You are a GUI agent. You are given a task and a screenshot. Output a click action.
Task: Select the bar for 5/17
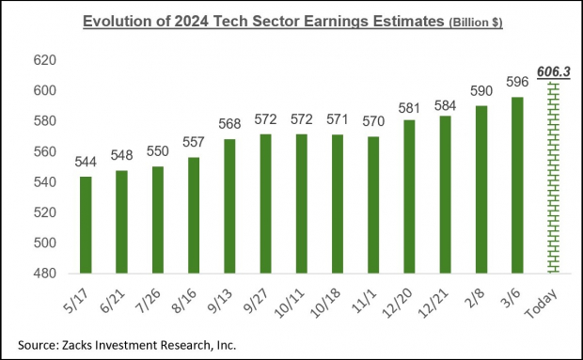pos(86,225)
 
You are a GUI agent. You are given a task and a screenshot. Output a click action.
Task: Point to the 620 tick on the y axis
pos(45,60)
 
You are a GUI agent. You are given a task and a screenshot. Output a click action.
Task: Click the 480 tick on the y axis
pos(45,273)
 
